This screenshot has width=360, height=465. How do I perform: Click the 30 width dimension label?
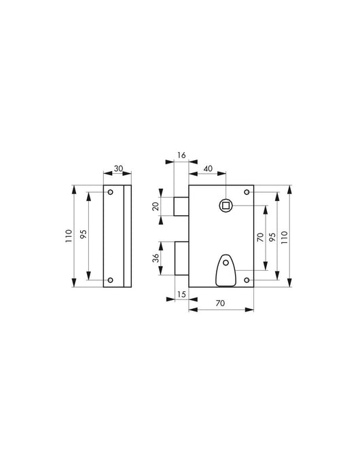tap(118, 168)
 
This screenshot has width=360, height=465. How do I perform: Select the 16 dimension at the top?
tap(181, 155)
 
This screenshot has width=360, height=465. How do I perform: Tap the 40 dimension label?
tap(209, 168)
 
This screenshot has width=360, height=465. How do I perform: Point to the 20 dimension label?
tap(156, 206)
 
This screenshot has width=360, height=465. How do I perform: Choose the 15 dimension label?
tap(181, 294)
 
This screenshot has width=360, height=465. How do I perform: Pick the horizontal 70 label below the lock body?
tap(220, 303)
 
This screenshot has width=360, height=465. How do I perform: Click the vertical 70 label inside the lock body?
tap(260, 237)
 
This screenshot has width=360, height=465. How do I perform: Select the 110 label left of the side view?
tap(69, 236)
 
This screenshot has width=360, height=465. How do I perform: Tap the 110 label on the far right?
tap(285, 237)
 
